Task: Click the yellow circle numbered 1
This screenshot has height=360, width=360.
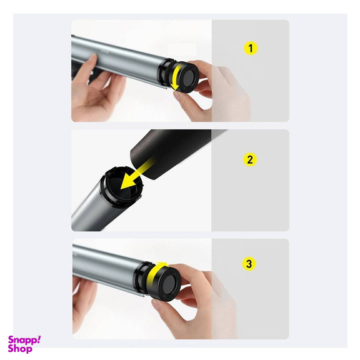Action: coord(251,48)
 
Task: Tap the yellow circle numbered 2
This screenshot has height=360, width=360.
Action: coord(250,159)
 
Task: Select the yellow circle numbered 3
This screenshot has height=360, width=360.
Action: coord(249,264)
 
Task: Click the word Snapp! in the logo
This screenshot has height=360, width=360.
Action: coord(24,340)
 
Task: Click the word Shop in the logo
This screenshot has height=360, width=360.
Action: coord(20,349)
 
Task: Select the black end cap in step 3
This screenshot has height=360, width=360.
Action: coord(166,283)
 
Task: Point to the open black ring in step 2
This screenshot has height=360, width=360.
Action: coord(121,186)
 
